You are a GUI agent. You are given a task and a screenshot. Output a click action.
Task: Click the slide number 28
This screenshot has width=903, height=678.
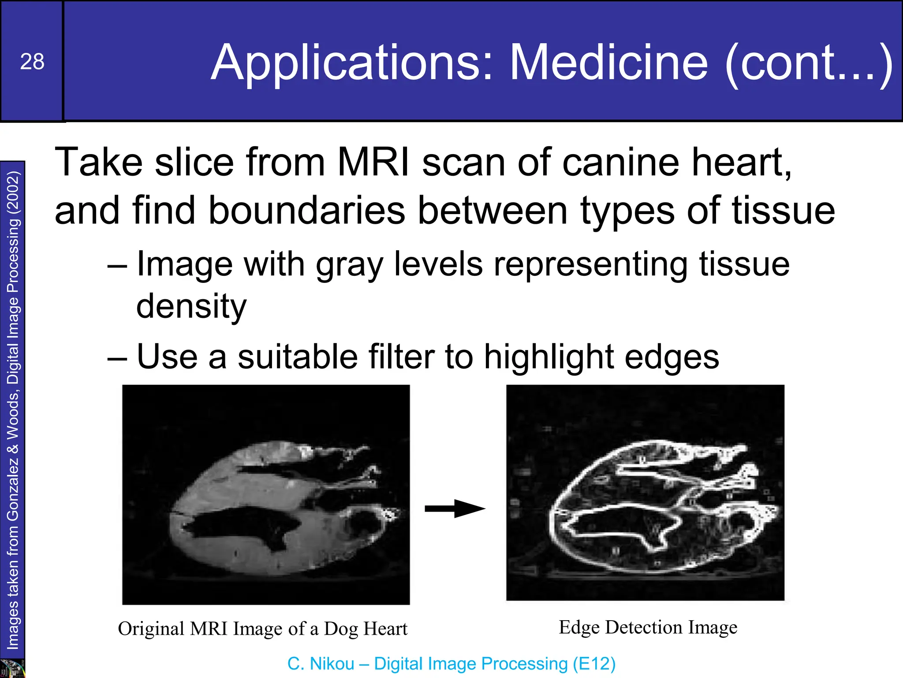pyautogui.click(x=32, y=61)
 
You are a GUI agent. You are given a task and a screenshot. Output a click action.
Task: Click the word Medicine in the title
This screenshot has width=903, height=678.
pyautogui.click(x=608, y=63)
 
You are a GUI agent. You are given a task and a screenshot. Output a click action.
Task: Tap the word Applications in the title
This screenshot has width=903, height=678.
pyautogui.click(x=351, y=63)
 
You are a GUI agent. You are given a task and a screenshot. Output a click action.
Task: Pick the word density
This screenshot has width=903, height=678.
pyautogui.click(x=191, y=306)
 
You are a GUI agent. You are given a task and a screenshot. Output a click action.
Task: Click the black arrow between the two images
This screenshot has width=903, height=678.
pyautogui.click(x=454, y=508)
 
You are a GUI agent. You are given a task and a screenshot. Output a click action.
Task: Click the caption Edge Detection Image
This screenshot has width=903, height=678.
pyautogui.click(x=648, y=627)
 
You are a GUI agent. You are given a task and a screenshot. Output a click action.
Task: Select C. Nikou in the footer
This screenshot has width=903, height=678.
pyautogui.click(x=321, y=663)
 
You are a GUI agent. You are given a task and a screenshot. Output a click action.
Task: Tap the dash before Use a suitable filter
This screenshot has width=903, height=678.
pyautogui.click(x=117, y=357)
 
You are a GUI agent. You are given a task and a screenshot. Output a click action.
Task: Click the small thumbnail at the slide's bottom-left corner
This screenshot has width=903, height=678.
pyautogui.click(x=12, y=668)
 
